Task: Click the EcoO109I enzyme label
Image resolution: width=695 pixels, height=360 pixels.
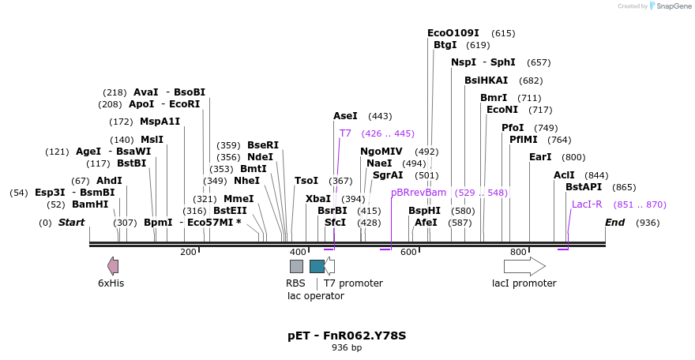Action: pos(453,33)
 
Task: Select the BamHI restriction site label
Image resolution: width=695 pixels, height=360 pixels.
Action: pos(90,204)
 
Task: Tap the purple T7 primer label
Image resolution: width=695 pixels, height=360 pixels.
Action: pos(345,133)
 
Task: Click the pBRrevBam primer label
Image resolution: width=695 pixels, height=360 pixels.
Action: pos(419,192)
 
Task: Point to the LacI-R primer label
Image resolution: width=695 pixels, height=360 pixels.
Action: pos(587,204)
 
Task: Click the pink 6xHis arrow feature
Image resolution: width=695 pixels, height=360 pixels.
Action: pos(113,266)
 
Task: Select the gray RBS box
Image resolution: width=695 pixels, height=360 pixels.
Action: pos(296,266)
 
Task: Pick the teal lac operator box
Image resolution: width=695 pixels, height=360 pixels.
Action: pos(317,266)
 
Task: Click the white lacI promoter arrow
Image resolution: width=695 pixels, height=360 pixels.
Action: pos(524,266)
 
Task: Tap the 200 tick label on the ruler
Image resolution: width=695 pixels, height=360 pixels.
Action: pos(188,253)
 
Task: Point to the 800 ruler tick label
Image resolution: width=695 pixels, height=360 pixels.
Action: pos(518,253)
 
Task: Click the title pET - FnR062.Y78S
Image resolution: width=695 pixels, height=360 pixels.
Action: pos(347,336)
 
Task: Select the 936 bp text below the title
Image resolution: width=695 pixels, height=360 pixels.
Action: pos(347,347)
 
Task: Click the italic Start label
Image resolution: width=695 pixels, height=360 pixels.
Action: pos(71,223)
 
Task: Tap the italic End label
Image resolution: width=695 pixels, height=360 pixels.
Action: pos(615,223)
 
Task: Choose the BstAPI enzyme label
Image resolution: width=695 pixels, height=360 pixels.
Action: pos(584,187)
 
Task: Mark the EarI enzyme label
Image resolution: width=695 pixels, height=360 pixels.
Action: pos(540,157)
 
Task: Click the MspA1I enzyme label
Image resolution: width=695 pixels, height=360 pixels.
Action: pos(160,122)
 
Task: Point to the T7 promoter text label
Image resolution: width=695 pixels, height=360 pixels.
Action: pos(353,283)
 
